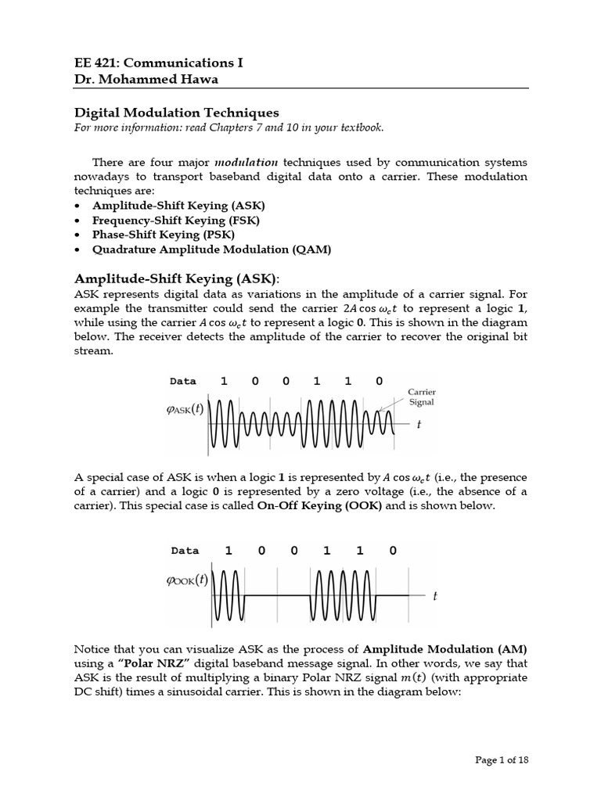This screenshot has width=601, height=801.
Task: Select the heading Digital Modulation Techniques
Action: click(176, 113)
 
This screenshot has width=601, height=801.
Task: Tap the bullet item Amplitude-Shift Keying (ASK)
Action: click(178, 205)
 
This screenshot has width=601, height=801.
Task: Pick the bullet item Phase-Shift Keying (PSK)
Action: click(163, 235)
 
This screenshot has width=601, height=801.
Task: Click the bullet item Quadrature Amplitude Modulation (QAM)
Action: click(211, 250)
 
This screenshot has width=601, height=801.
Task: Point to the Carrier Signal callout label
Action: click(421, 397)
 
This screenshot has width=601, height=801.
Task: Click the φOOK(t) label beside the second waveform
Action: click(187, 580)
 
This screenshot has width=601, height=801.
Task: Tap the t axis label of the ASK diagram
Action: click(419, 425)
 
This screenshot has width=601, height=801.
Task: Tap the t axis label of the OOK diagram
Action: click(434, 596)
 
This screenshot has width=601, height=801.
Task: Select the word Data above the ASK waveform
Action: click(183, 382)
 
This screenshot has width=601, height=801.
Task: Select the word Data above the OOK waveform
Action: click(185, 551)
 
